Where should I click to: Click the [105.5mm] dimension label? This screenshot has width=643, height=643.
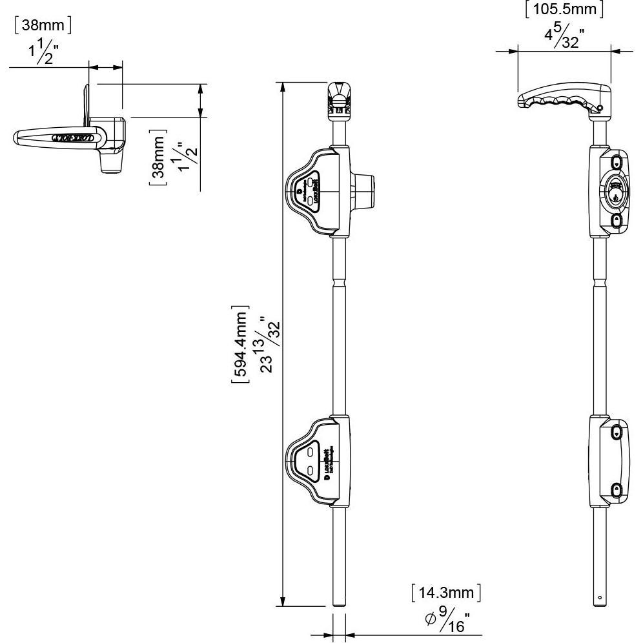click(564, 10)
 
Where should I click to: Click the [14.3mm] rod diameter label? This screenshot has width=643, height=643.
click(445, 593)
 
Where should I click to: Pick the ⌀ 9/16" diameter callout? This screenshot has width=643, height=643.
click(447, 620)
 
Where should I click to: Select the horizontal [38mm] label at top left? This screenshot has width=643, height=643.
click(42, 25)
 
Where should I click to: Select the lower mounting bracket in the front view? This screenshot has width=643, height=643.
click(318, 460)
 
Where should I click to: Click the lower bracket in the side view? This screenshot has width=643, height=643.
click(610, 460)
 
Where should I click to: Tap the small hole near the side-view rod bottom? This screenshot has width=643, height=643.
click(600, 597)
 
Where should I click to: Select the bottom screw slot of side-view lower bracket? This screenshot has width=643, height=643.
click(617, 490)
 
